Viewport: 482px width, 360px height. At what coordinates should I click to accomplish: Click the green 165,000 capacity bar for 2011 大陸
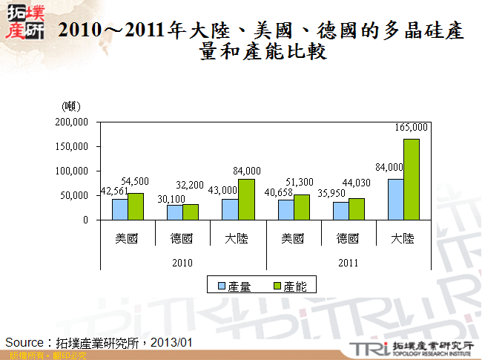tap(412, 180)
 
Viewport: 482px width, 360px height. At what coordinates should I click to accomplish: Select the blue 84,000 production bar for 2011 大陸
tap(396, 200)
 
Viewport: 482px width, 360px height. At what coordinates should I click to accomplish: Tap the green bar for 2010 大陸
tap(246, 200)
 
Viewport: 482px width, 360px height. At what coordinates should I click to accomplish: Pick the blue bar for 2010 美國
tap(119, 209)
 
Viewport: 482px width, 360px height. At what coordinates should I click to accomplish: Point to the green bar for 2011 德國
tap(357, 209)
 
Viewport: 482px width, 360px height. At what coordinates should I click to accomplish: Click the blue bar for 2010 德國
tap(174, 212)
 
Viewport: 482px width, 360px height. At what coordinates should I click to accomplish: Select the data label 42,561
tap(114, 192)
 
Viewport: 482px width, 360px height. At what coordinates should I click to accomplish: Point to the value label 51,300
tap(300, 181)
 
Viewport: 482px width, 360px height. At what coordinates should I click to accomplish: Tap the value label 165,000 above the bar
tap(412, 127)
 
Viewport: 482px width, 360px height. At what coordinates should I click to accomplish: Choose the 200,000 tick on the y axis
tap(72, 122)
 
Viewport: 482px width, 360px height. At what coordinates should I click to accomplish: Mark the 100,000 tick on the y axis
tap(72, 171)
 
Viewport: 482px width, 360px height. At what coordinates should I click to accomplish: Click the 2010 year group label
tap(182, 263)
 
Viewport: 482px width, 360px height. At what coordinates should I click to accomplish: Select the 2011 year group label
tap(349, 263)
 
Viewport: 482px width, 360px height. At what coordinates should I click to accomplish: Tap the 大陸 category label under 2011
tap(403, 239)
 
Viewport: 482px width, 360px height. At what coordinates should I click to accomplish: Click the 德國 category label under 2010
tap(182, 239)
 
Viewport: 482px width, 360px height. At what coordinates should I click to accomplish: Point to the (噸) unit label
tap(72, 108)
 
